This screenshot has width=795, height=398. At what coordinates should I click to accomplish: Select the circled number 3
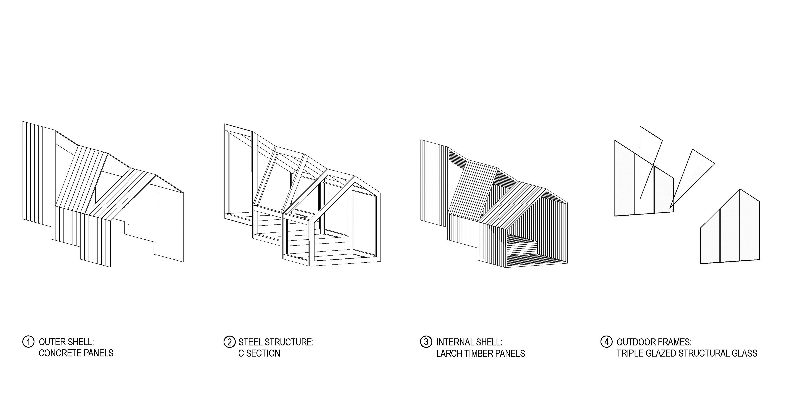pos(426,342)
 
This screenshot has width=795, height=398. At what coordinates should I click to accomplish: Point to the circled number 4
pos(606,342)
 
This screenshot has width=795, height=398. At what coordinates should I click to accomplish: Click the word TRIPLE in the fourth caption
pos(628,353)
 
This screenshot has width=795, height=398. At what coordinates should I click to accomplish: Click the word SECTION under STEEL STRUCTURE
pos(263,353)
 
